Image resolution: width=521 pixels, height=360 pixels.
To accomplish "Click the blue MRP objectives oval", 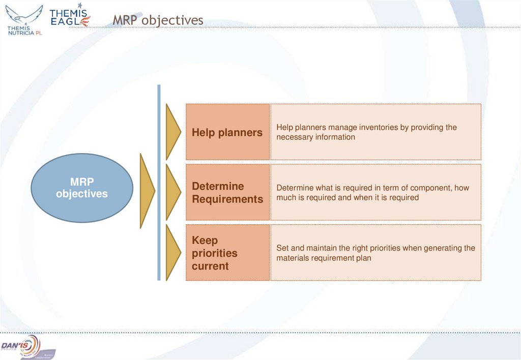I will tap(82, 188).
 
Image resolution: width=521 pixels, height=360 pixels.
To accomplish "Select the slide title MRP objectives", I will tap(158, 20).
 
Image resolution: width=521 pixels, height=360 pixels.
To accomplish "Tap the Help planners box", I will tap(227, 132).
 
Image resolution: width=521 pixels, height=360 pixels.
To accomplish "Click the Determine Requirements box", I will tap(227, 192).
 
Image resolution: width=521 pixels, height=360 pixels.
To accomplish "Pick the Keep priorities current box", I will tap(227, 253).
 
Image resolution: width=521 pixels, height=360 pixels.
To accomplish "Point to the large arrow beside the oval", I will tap(147, 191).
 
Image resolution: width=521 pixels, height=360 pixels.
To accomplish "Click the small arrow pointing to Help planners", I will tap(173, 132).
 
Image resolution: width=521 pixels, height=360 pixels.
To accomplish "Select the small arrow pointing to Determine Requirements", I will tap(173, 192).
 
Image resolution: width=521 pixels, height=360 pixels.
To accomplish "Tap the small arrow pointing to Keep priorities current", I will tap(173, 253).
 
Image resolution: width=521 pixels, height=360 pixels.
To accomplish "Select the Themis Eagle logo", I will tap(70, 16).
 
